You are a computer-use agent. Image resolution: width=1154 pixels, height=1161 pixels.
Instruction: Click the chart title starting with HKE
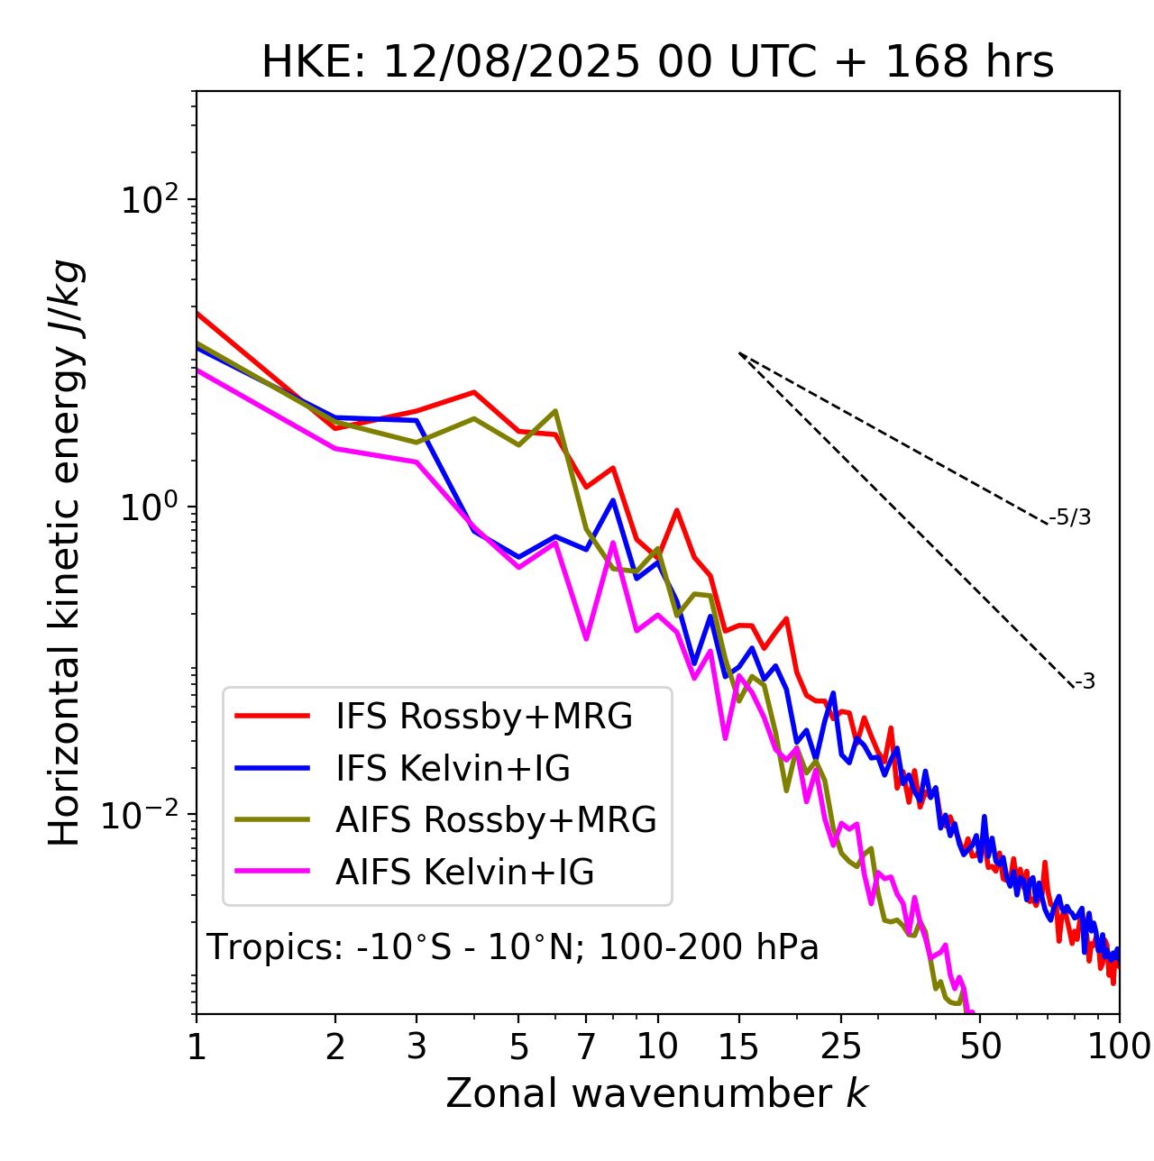(x=657, y=63)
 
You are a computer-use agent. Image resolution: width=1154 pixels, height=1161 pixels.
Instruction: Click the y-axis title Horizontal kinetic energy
(x=66, y=553)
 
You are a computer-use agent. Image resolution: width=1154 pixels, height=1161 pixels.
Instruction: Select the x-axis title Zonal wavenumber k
(x=656, y=1093)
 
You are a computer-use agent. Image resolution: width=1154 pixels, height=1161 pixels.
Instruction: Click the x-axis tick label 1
(x=197, y=1047)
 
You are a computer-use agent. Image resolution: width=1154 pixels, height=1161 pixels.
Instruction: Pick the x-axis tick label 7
(x=586, y=1047)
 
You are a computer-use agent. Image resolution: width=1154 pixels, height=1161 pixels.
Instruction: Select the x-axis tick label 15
(x=738, y=1047)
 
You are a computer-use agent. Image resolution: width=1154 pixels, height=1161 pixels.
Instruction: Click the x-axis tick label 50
(x=980, y=1047)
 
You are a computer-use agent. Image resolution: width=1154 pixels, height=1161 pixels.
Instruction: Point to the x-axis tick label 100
(x=1119, y=1047)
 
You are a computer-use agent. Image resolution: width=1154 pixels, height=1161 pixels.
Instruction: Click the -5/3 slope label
(x=1070, y=517)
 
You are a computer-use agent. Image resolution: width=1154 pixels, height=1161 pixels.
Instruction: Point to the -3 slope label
(x=1085, y=682)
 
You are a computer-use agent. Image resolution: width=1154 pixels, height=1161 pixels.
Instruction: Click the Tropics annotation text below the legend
(x=512, y=947)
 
